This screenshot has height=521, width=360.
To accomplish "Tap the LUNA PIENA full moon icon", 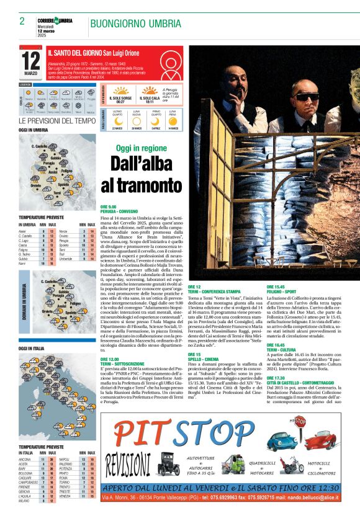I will (x=173, y=116).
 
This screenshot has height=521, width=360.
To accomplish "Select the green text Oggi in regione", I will (x=141, y=148).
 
